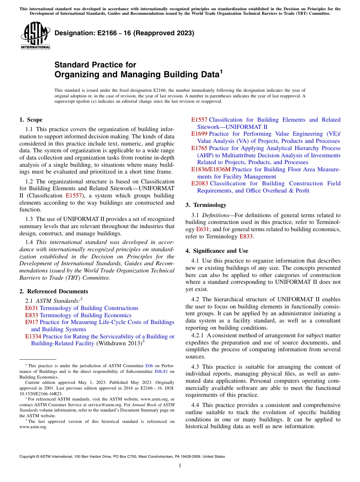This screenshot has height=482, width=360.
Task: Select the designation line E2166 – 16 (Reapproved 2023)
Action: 124,33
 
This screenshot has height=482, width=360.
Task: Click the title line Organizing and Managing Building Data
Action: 138,74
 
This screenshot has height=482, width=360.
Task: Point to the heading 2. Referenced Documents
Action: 53,291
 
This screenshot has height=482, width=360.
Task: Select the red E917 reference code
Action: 31,322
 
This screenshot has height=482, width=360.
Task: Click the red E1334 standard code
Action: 33,336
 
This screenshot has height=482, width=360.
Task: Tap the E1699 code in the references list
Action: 199,134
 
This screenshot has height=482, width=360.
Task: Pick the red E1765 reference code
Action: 199,148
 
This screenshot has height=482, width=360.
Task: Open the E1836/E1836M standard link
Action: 211,169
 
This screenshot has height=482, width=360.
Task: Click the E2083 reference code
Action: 199,183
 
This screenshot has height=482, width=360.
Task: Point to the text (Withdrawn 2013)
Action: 119,344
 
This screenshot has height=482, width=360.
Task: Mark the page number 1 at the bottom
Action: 180,466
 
